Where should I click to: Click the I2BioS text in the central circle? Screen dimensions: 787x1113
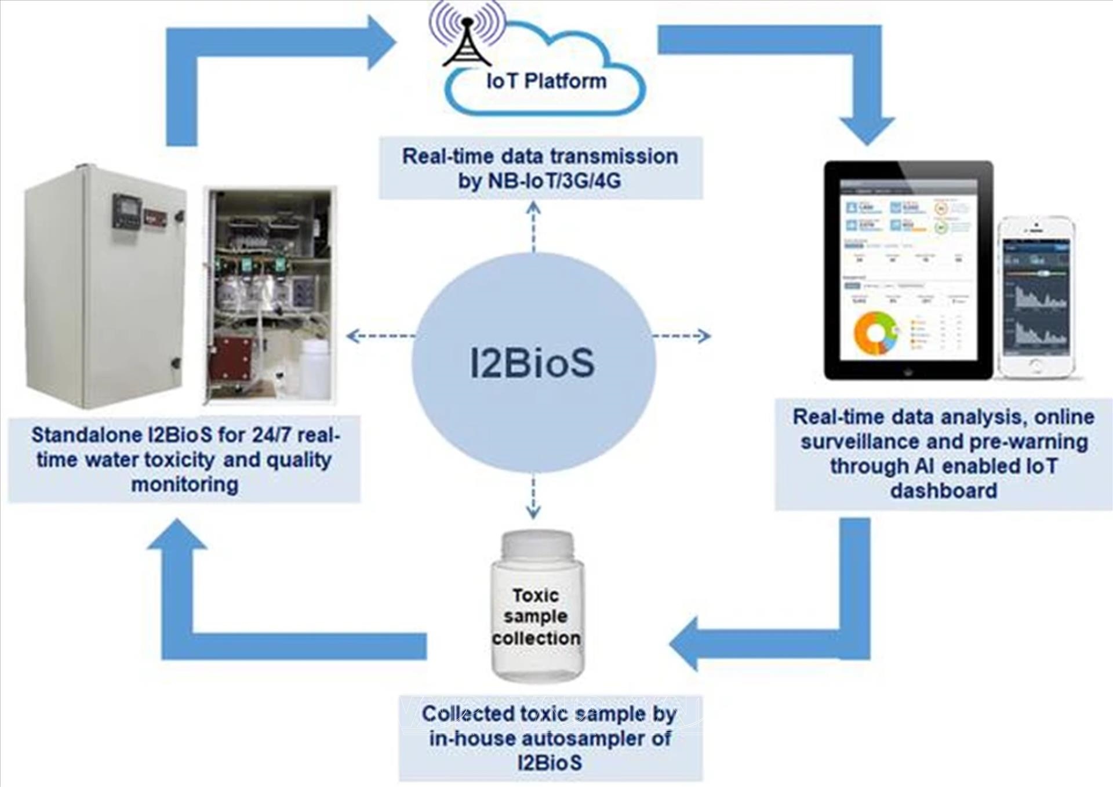[x=532, y=363]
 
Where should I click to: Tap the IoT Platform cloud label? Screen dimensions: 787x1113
[x=546, y=81]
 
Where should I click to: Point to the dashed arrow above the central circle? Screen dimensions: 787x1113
[x=533, y=226]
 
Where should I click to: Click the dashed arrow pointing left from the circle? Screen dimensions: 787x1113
[x=380, y=336]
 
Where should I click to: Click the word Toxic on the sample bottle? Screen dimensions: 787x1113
[x=536, y=596]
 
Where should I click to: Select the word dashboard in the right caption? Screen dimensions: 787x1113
[x=944, y=491]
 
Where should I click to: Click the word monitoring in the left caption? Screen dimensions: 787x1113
[x=184, y=484]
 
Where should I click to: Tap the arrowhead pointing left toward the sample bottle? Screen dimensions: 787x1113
[x=684, y=644]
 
